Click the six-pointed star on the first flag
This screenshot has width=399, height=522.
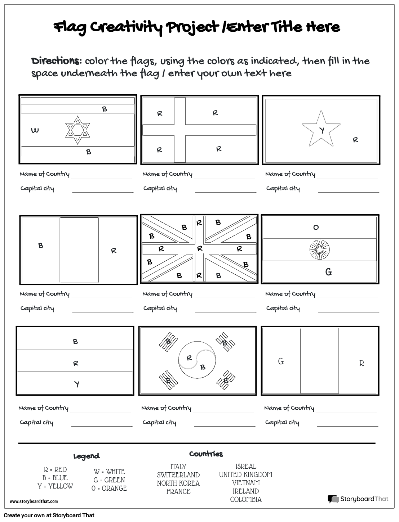(77, 130)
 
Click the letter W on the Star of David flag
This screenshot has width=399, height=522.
(35, 130)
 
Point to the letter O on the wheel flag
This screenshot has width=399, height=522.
(316, 228)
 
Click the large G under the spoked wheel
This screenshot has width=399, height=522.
(328, 272)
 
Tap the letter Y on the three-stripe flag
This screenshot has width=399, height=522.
(77, 384)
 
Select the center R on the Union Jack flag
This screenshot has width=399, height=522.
(200, 249)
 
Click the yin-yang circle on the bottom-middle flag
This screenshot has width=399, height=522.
(197, 360)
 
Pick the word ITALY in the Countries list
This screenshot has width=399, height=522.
(178, 467)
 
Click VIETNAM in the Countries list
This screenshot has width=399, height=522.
(246, 483)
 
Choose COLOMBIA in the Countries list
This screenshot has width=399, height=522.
(246, 499)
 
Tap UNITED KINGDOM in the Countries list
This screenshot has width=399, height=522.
(246, 474)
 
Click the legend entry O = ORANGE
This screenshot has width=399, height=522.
(109, 488)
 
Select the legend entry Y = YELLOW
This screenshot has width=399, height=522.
(55, 486)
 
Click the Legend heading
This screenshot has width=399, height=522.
(87, 456)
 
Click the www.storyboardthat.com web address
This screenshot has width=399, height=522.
(34, 501)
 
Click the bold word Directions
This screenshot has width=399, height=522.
(56, 61)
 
